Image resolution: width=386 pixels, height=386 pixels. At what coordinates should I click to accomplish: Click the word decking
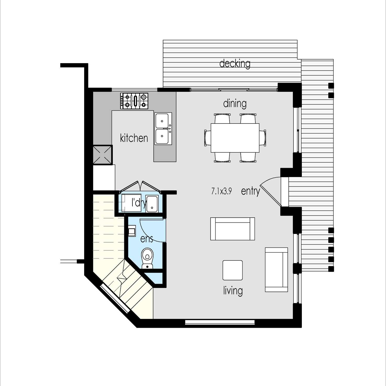click(235, 64)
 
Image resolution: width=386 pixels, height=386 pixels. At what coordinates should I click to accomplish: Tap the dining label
click(235, 104)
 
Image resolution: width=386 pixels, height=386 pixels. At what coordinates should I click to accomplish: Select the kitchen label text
click(134, 138)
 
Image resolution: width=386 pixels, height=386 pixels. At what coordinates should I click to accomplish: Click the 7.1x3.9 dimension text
click(221, 191)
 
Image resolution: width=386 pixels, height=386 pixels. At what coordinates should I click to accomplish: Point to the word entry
click(250, 191)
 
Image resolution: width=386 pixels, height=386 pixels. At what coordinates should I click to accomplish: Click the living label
click(233, 291)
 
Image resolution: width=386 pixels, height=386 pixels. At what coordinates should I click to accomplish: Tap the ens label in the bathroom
click(146, 239)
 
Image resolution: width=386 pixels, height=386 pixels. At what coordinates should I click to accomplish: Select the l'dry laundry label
click(138, 202)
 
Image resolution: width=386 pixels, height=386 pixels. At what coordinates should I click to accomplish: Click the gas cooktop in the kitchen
click(134, 101)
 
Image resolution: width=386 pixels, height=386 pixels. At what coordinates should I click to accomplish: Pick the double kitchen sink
click(163, 128)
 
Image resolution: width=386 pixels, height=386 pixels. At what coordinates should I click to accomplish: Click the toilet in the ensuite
click(148, 258)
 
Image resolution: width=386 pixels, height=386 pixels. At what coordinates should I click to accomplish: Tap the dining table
click(235, 138)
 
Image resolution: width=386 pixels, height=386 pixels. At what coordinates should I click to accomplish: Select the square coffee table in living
click(232, 270)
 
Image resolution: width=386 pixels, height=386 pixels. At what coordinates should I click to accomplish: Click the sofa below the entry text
click(232, 229)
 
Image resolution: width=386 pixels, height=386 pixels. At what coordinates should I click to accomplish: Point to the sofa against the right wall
click(276, 270)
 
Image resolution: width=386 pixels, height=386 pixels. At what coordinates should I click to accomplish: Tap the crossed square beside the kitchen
click(103, 155)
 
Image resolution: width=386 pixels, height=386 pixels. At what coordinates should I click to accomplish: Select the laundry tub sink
click(152, 203)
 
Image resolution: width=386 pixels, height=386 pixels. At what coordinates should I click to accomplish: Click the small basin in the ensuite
click(131, 231)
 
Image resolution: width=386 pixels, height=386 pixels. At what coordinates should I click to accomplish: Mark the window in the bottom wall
click(220, 322)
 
